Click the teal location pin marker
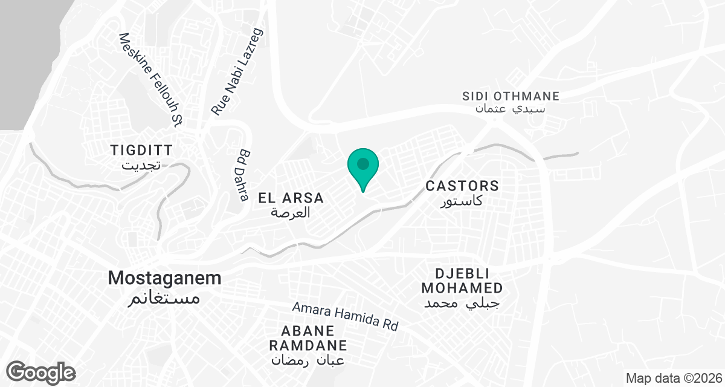363,166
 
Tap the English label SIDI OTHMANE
511,96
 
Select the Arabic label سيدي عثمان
511,109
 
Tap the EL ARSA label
291,198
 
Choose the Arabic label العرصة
291,212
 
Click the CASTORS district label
462,186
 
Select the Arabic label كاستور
462,200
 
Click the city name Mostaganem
164,278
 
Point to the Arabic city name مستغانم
164,298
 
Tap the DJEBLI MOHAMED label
462,280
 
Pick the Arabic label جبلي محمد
462,302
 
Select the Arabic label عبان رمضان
308,360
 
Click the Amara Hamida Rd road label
346,316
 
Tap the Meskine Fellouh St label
151,80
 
